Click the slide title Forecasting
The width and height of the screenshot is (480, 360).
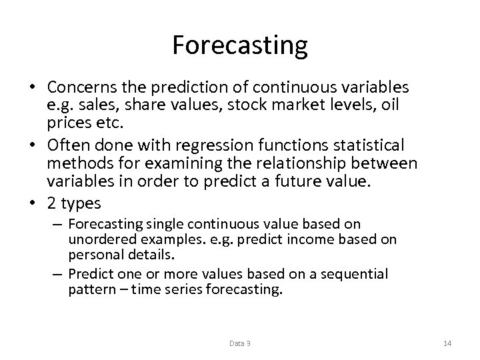240,45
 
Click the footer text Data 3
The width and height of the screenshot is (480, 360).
239,343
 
